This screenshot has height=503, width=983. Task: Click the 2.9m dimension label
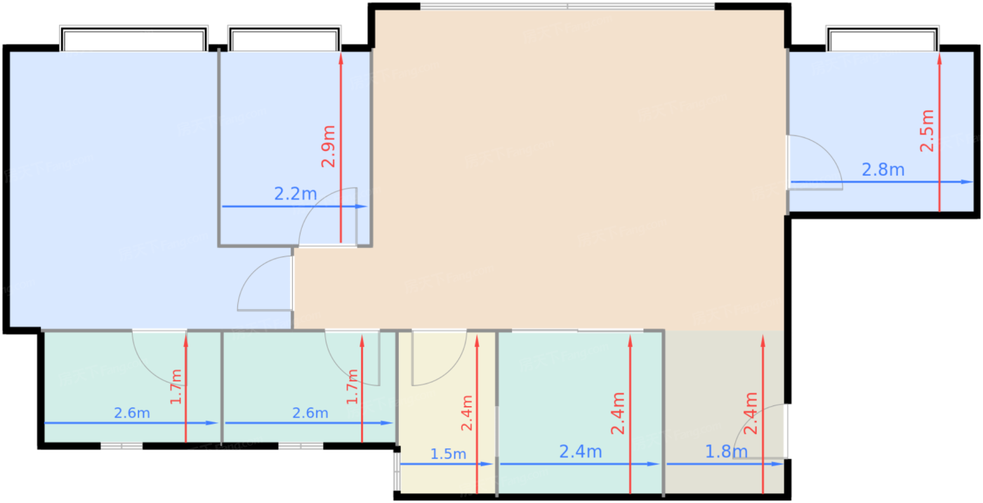pos(329,146)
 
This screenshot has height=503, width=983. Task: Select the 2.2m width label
pos(296,194)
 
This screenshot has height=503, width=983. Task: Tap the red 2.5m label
pos(928,131)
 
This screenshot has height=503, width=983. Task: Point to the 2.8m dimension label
pos(883,169)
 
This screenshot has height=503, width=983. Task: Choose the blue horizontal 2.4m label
pos(581,452)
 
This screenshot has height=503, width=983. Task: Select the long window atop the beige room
pos(567,7)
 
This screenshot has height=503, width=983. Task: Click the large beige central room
pos(576,176)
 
